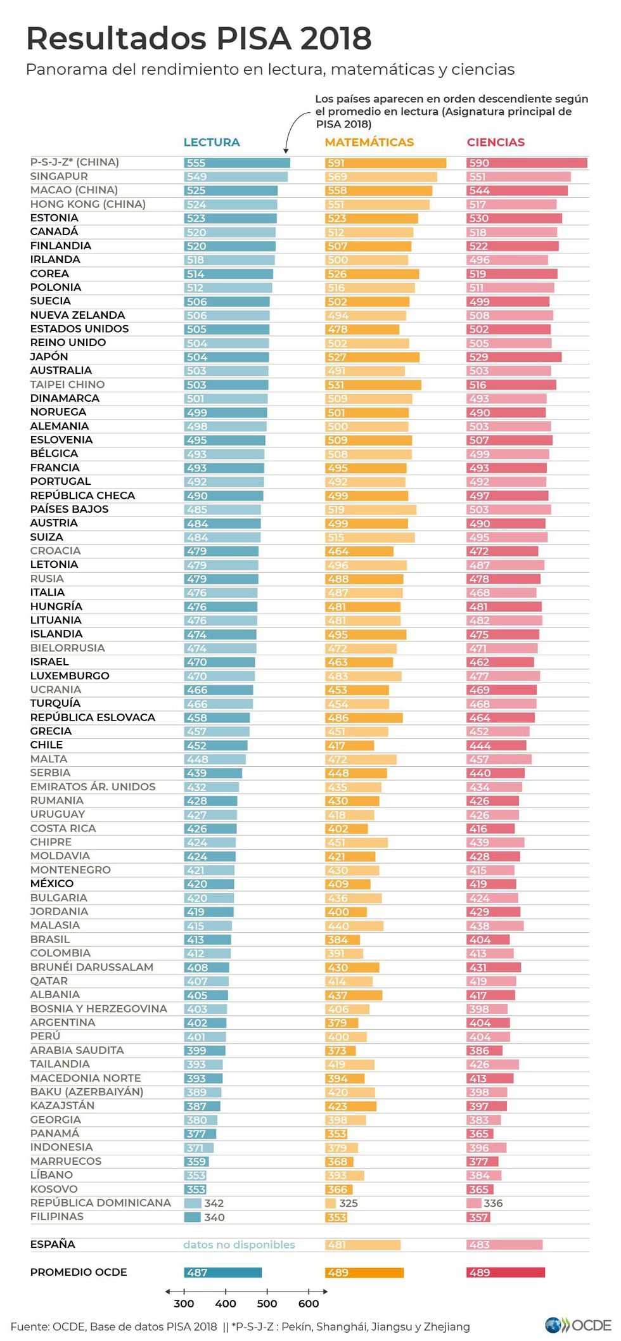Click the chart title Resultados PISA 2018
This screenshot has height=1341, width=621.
click(x=198, y=39)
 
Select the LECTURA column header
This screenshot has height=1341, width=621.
click(x=212, y=143)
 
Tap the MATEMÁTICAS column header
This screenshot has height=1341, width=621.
click(x=369, y=143)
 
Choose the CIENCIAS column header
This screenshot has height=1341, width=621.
click(x=496, y=143)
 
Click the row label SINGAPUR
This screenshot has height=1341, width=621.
click(x=59, y=176)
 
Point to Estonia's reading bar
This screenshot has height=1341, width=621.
click(x=230, y=218)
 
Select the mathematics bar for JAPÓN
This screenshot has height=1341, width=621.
click(x=372, y=357)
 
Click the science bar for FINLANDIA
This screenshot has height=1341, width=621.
click(x=512, y=246)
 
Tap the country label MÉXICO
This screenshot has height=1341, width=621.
click(x=52, y=883)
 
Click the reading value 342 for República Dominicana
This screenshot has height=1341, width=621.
click(x=214, y=1203)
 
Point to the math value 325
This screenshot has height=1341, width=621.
click(x=348, y=1203)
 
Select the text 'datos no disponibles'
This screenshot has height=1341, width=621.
click(x=239, y=1245)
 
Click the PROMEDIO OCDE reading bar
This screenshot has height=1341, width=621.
click(x=222, y=1272)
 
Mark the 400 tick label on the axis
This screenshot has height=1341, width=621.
click(x=226, y=1304)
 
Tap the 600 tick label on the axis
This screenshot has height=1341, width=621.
click(x=309, y=1304)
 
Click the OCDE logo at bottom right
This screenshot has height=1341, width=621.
click(x=577, y=1325)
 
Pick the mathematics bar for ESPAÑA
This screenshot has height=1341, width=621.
click(x=362, y=1245)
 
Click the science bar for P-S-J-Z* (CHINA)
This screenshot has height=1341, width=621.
click(x=527, y=163)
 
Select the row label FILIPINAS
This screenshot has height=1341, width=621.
click(x=57, y=1217)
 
